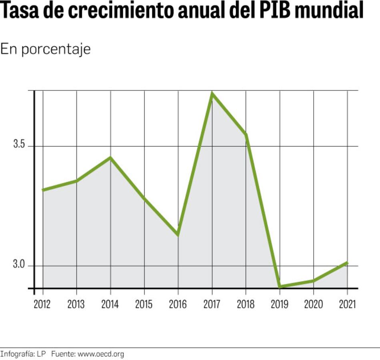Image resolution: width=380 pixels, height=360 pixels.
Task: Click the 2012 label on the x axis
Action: (x=42, y=305)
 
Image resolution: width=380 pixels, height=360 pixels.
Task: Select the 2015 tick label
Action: (x=144, y=305)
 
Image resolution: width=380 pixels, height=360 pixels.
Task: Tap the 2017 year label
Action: (x=212, y=305)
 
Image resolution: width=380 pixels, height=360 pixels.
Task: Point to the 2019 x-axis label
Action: (x=280, y=305)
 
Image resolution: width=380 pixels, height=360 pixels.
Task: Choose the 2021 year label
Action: (x=347, y=305)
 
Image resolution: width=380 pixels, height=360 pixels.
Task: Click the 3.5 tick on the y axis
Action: (x=19, y=145)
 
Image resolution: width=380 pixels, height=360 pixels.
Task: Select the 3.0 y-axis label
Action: (x=19, y=265)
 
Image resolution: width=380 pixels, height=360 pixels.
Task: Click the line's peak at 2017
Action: (x=212, y=94)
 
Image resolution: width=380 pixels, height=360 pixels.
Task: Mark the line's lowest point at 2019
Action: (x=280, y=286)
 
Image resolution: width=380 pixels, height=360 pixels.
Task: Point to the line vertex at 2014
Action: (x=110, y=157)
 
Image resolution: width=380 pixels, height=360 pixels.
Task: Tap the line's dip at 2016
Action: (x=178, y=234)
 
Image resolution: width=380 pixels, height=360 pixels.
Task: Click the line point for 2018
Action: (x=246, y=135)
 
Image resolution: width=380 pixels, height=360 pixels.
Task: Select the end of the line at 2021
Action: (x=347, y=263)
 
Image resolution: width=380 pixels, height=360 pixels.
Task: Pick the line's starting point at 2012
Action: (x=43, y=190)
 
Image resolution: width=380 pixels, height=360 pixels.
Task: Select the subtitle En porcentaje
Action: (x=45, y=49)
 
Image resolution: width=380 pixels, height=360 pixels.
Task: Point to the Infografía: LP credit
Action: (x=23, y=354)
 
